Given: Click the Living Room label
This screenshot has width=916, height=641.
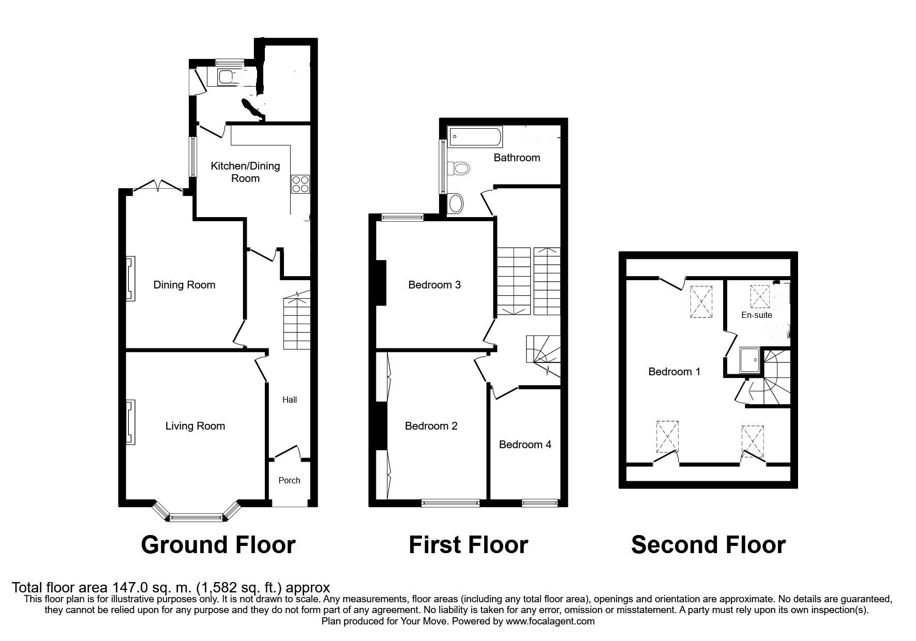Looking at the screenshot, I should click(195, 426).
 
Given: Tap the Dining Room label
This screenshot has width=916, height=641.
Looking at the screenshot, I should click(184, 285).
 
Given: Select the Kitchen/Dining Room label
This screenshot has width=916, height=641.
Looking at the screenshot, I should click(245, 172).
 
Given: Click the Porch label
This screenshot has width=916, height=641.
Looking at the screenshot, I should click(289, 480).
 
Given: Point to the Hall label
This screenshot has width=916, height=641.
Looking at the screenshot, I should click(290, 400).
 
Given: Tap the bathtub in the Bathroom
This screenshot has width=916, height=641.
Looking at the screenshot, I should click(475, 138).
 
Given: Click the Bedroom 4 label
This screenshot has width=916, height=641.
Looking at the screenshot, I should click(525, 445).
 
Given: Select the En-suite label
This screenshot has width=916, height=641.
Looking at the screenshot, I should click(756, 315).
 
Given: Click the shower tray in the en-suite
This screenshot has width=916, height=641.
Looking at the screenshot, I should click(749, 360).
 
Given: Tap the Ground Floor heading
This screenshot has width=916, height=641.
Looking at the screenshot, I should click(218, 545).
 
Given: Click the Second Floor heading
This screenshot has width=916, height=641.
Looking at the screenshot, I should click(708, 545).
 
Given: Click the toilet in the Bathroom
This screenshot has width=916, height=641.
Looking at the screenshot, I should click(459, 168).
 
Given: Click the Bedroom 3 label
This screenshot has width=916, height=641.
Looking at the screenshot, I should click(434, 285).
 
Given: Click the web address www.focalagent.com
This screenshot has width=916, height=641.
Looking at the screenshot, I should click(550, 621).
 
